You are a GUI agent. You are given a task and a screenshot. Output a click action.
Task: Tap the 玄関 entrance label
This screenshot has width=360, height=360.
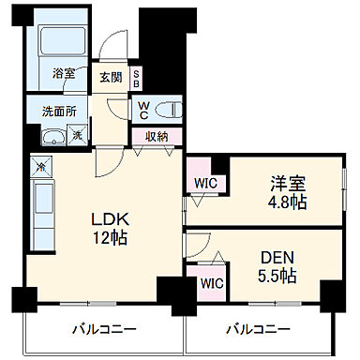[112, 77]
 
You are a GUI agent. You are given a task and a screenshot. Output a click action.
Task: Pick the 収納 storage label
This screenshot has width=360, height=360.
[157, 136]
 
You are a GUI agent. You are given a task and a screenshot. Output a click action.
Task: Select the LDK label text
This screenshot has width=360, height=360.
[108, 219]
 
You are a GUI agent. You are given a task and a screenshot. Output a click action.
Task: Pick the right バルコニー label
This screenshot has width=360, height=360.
[257, 330]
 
